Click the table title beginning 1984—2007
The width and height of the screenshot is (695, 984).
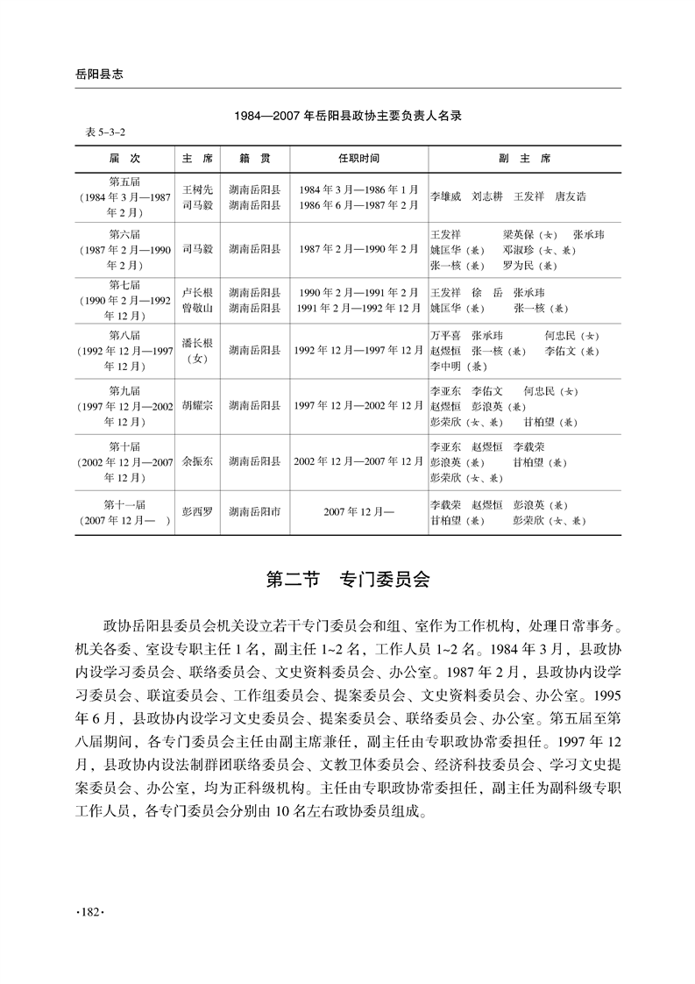click(348, 115)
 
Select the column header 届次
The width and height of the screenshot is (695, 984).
click(124, 159)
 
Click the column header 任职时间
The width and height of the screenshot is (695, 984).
click(358, 159)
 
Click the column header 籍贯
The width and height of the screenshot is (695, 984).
click(254, 159)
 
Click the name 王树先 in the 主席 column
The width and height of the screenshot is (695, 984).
click(197, 189)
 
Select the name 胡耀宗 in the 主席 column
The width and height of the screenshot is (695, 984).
click(197, 406)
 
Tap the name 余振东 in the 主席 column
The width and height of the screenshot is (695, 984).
click(197, 460)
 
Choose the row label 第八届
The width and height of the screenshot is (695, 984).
click(124, 334)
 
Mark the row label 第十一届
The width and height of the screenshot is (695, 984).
click(124, 503)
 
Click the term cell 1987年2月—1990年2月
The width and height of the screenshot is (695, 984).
click(358, 249)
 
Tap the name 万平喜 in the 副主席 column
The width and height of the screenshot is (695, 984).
click(445, 335)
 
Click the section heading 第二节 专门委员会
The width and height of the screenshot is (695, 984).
click(347, 580)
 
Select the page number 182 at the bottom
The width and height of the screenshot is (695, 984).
click(91, 914)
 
